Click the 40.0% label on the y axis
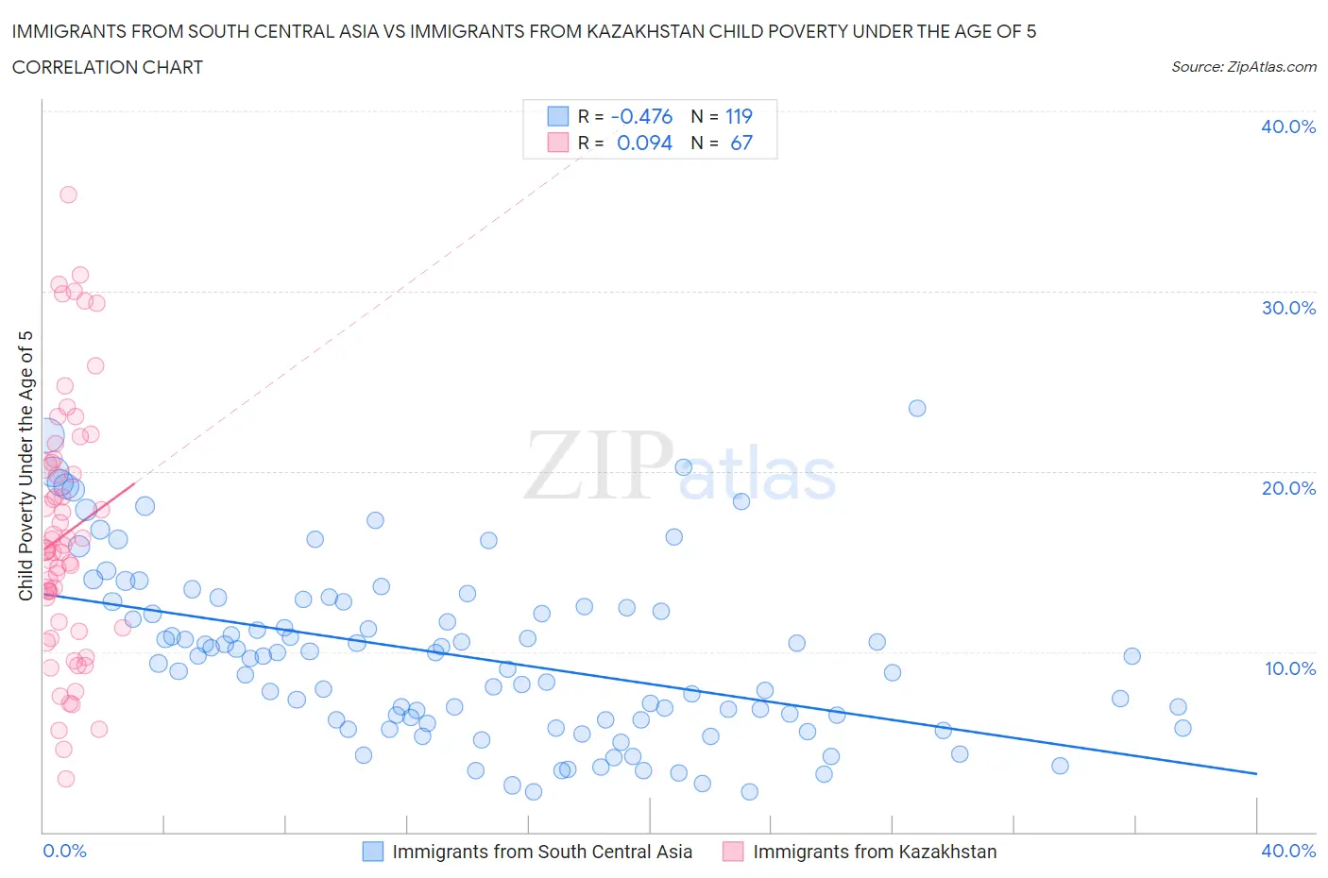pos(1287,127)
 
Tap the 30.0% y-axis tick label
pos(1287,308)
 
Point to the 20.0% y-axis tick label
pos(1287,488)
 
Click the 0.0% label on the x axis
pos(64,851)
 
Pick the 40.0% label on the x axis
pos(1287,851)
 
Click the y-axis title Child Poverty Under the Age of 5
pos(26,465)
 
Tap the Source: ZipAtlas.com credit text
pos(1243,67)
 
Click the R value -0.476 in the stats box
pos(641,116)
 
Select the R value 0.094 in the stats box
pos(644,143)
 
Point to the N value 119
pos(739,116)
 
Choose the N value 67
pos(741,143)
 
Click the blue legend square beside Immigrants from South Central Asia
pos(373,852)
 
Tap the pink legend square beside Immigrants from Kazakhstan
pos(733,852)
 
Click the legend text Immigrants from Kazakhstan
pos(874,852)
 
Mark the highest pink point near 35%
pos(68,194)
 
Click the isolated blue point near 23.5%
pos(916,408)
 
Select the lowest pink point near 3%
pos(65,779)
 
